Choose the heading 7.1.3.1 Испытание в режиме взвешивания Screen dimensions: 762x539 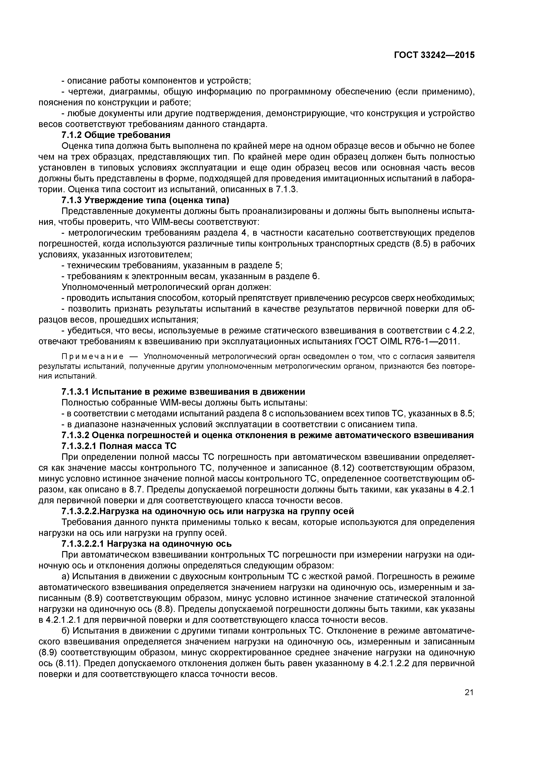click(183, 392)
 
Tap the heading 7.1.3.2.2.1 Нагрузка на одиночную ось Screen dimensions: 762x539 click(147, 544)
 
